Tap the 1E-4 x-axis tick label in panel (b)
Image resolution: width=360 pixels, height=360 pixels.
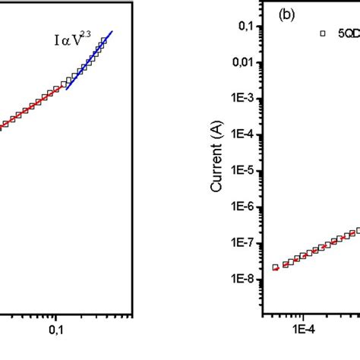(x=303, y=331)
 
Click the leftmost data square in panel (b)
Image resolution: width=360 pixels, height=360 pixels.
(x=276, y=267)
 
